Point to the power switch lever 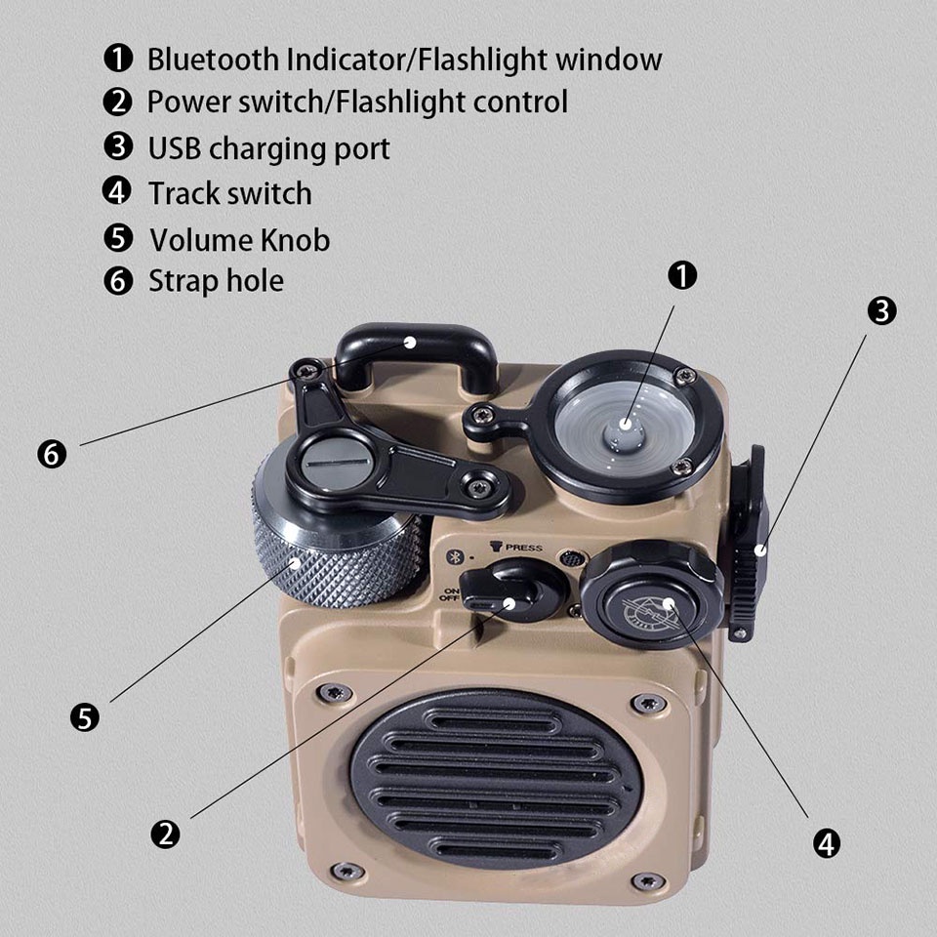pos(498,591)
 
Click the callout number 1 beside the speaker pos(682,276)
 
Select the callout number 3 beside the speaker pos(881,311)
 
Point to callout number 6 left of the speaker pos(53,453)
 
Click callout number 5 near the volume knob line pos(85,717)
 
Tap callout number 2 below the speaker pos(165,834)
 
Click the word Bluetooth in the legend pos(212,59)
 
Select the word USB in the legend pos(175,148)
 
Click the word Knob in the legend pos(295,239)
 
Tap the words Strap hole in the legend pos(216,281)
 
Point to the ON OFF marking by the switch pos(450,596)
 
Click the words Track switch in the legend pos(229,193)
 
